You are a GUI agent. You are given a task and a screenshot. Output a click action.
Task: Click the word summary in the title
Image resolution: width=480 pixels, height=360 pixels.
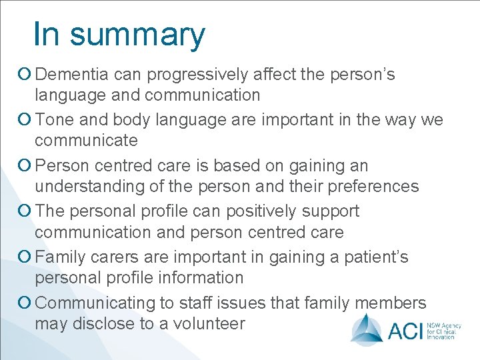(138, 35)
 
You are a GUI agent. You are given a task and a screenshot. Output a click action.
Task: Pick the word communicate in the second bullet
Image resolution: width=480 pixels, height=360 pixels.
(86, 140)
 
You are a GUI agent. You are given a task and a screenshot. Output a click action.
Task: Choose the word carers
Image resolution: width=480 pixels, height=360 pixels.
(117, 257)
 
